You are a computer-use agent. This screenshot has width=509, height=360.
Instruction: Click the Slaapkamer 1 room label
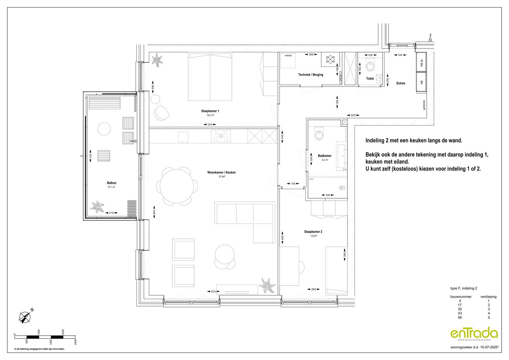210,111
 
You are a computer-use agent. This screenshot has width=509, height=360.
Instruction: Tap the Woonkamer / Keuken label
221,173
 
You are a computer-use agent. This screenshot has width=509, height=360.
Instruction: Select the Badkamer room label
324,156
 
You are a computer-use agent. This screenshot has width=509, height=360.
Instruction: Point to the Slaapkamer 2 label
313,232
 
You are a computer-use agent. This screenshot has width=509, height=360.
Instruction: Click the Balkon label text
112,183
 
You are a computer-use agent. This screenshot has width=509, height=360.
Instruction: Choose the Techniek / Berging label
310,75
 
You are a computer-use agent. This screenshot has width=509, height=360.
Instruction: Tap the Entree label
400,83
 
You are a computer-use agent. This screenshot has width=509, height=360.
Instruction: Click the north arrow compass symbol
25,317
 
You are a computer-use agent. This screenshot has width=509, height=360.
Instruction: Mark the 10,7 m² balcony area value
112,187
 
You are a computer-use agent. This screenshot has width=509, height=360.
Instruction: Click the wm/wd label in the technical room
288,56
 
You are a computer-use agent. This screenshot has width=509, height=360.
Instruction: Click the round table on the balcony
104,128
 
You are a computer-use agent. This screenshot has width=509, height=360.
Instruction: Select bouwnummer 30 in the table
460,309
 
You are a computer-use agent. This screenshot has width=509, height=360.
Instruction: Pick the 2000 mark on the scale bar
63,332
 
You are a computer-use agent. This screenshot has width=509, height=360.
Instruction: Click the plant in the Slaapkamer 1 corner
157,60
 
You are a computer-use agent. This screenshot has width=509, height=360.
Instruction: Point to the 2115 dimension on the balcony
111,213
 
